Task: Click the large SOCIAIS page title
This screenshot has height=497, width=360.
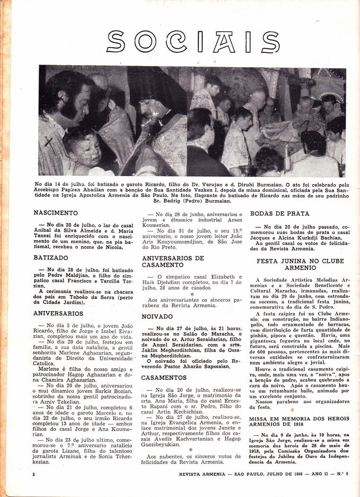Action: coord(193,41)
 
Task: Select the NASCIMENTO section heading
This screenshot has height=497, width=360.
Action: coord(56,213)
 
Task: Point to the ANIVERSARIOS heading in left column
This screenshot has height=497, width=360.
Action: coord(58,314)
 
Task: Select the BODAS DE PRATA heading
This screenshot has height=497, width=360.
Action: coord(279,214)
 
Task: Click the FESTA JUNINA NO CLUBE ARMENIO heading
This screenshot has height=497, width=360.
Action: coord(300,264)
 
